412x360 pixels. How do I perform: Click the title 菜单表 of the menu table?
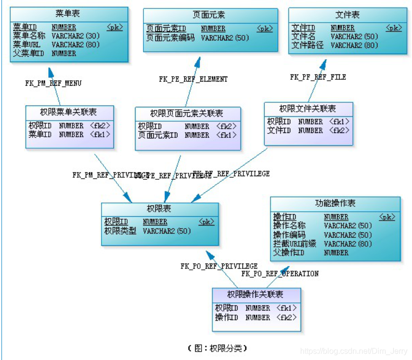pyautogui.click(x=69, y=13)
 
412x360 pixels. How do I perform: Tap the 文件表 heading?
pyautogui.click(x=347, y=15)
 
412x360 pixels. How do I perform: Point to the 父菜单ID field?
pyautogui.click(x=29, y=53)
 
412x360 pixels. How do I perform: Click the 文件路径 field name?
pyautogui.click(x=307, y=45)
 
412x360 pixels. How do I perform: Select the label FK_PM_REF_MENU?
pyautogui.click(x=53, y=83)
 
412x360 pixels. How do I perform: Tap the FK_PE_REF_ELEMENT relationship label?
pyautogui.click(x=193, y=79)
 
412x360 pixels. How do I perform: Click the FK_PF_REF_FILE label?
pyautogui.click(x=318, y=77)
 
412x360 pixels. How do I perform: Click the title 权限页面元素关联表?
pyautogui.click(x=187, y=113)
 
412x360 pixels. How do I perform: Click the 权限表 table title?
pyautogui.click(x=159, y=209)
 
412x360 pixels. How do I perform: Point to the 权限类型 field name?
pyautogui.click(x=120, y=230)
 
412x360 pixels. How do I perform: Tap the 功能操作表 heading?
pyautogui.click(x=335, y=203)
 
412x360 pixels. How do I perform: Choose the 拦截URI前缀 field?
pyautogui.click(x=295, y=244)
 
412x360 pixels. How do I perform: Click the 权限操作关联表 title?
pyautogui.click(x=255, y=295)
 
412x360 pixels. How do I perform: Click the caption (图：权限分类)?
pyautogui.click(x=217, y=348)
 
